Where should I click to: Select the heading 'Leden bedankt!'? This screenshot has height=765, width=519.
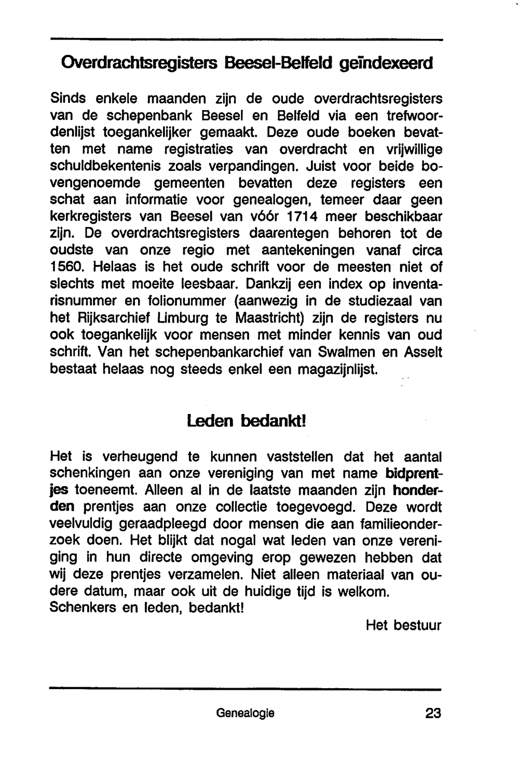point(247,421)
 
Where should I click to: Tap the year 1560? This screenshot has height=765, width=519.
point(66,267)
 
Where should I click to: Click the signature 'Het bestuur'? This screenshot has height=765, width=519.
point(403,625)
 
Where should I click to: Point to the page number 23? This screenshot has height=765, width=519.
point(433,714)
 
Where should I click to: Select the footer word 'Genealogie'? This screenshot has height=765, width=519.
point(245,714)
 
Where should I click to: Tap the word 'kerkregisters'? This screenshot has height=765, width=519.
point(90,217)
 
